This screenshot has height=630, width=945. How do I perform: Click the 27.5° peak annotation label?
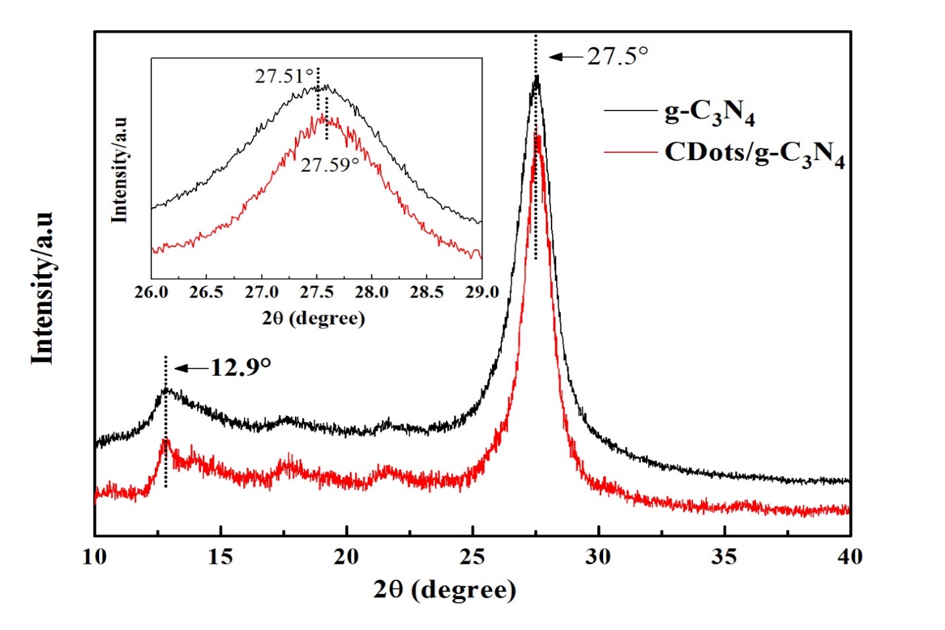tap(618, 56)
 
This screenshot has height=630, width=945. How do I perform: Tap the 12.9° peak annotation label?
tap(241, 367)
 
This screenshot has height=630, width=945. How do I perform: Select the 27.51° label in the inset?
tap(283, 76)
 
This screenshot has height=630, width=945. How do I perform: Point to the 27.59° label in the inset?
tap(330, 165)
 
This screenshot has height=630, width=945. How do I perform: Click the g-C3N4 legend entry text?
tap(709, 113)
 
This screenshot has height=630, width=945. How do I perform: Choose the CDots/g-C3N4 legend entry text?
tap(754, 154)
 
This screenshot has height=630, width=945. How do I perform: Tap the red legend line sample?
tap(629, 153)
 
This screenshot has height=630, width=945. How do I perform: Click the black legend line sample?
tap(629, 111)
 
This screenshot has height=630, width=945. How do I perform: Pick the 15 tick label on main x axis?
tap(220, 557)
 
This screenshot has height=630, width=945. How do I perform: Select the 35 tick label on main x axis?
tap(724, 557)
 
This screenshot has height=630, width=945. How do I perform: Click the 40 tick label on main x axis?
tap(850, 557)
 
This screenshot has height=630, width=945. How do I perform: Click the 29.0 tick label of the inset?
tap(482, 293)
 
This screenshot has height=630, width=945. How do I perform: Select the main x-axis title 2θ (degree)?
tap(445, 590)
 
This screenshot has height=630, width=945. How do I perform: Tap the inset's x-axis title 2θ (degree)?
tap(314, 318)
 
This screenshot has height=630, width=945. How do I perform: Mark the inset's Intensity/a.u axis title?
tap(120, 170)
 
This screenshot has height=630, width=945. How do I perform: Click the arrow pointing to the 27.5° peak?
tap(566, 57)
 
